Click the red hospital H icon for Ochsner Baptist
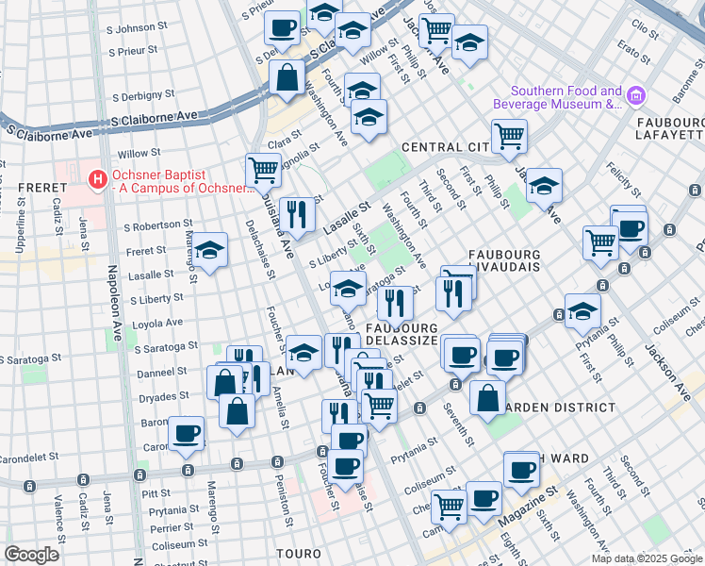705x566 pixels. point(96,177)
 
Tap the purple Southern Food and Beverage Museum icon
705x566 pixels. point(635,96)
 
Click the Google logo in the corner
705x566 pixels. point(32,555)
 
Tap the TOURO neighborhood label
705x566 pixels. point(300,552)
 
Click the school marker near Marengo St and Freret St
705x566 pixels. point(210,250)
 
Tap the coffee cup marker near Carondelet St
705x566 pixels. point(187,432)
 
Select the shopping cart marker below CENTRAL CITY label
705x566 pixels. point(509,136)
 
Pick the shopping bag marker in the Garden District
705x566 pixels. point(487,397)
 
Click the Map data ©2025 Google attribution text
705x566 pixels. point(646,558)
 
